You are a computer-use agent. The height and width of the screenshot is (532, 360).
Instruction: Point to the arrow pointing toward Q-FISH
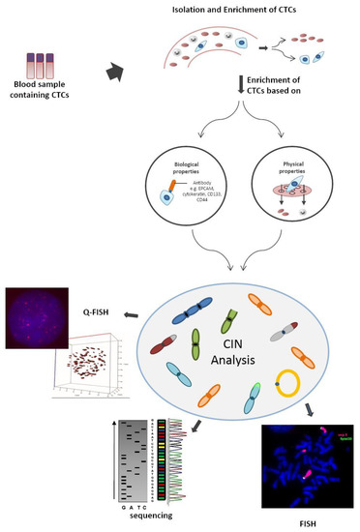(x=134, y=315)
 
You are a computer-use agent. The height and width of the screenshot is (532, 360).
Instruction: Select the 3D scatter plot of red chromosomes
(x=77, y=373)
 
